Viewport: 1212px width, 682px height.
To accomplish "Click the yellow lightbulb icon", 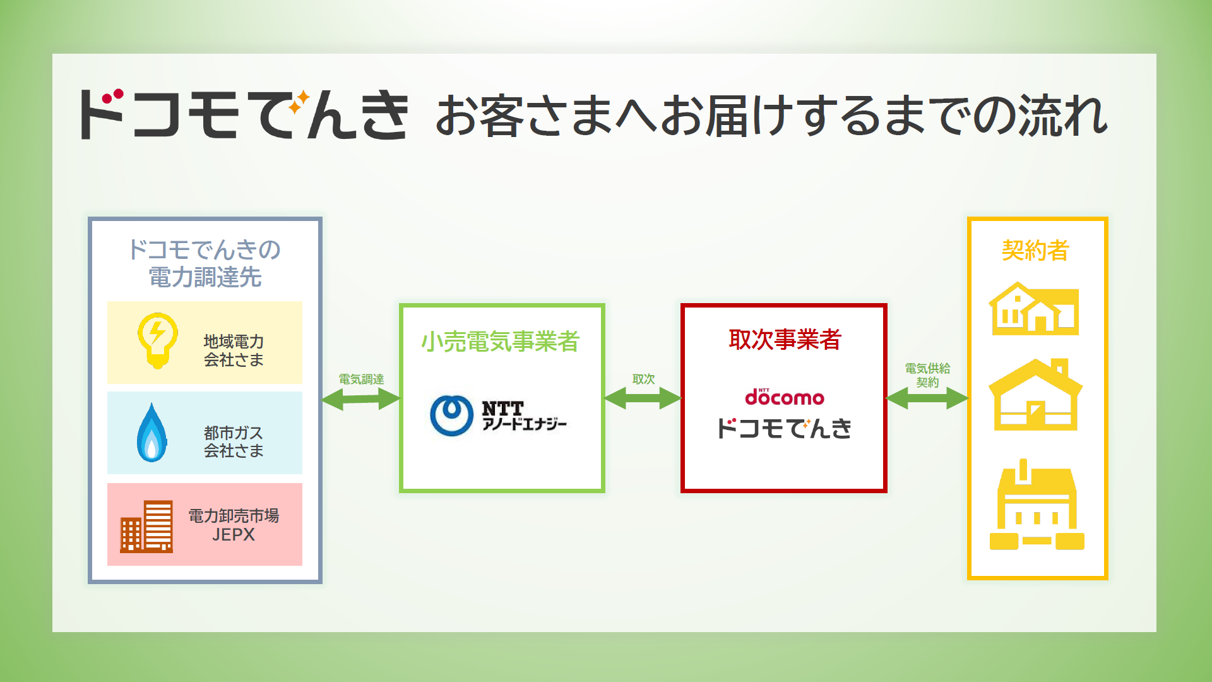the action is [157, 340].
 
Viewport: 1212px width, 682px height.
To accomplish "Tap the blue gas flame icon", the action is [151, 433].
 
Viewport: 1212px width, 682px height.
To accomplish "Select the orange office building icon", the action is [146, 526].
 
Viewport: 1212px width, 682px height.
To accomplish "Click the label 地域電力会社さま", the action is [234, 350].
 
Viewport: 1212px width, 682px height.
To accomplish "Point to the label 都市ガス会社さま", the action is [234, 441].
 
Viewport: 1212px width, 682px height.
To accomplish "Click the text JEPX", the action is [234, 535].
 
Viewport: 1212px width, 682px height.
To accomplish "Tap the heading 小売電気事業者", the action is [501, 341].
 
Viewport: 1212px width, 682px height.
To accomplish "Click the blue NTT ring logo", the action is [451, 416].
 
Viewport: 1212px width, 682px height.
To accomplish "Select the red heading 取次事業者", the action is [785, 339].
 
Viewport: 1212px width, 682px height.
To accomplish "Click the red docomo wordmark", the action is [785, 397].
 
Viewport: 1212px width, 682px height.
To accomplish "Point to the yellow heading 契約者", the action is [1035, 251].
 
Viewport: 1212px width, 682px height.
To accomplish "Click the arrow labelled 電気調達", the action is [361, 398].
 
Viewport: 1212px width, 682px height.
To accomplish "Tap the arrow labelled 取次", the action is [643, 398].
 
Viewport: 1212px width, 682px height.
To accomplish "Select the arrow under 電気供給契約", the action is [927, 398].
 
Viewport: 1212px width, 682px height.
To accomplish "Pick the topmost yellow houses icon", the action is [1034, 308].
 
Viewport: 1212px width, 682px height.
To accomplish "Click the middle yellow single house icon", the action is [1036, 395].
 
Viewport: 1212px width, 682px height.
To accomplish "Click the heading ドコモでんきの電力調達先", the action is [205, 263].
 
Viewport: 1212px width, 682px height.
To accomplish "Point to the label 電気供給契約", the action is [927, 375].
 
